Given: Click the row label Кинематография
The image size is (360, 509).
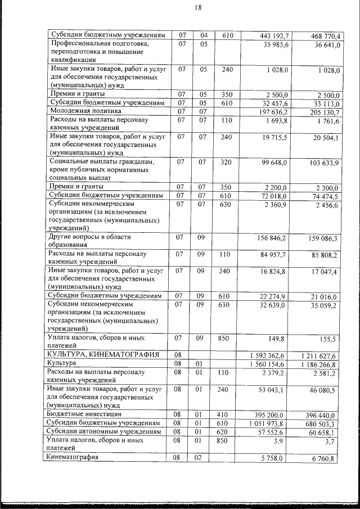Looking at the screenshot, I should (x=74, y=457).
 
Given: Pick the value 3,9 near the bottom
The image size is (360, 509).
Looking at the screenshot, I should (x=283, y=442).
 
